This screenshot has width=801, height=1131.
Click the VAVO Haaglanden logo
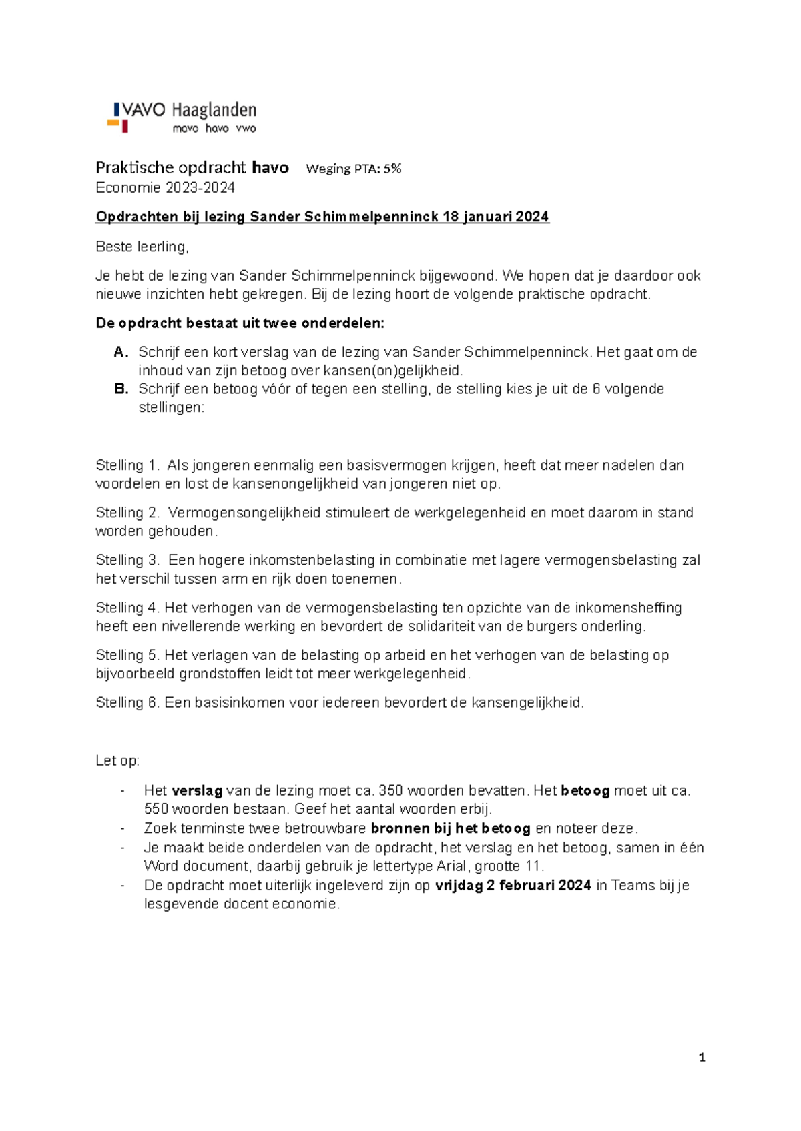pyautogui.click(x=182, y=117)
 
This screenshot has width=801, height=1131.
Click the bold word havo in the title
pyautogui.click(x=270, y=167)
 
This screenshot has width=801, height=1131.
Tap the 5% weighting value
pyautogui.click(x=392, y=169)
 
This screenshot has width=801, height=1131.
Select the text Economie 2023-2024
pyautogui.click(x=165, y=188)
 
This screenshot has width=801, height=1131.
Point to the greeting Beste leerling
pyautogui.click(x=142, y=247)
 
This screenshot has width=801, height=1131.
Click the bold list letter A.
pyautogui.click(x=121, y=352)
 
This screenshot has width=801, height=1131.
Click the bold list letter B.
pyautogui.click(x=121, y=389)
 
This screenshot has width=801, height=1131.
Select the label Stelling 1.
pyautogui.click(x=128, y=465)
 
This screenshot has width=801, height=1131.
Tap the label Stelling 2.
pyautogui.click(x=128, y=513)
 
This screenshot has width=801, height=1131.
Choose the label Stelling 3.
pyautogui.click(x=128, y=560)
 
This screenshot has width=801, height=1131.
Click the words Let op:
pyautogui.click(x=117, y=761)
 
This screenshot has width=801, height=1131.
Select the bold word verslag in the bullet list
pyautogui.click(x=197, y=791)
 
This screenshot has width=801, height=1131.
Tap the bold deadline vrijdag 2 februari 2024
pyautogui.click(x=513, y=886)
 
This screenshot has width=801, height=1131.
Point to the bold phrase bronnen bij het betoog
pyautogui.click(x=451, y=829)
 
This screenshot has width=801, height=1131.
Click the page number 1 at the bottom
pyautogui.click(x=702, y=1057)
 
